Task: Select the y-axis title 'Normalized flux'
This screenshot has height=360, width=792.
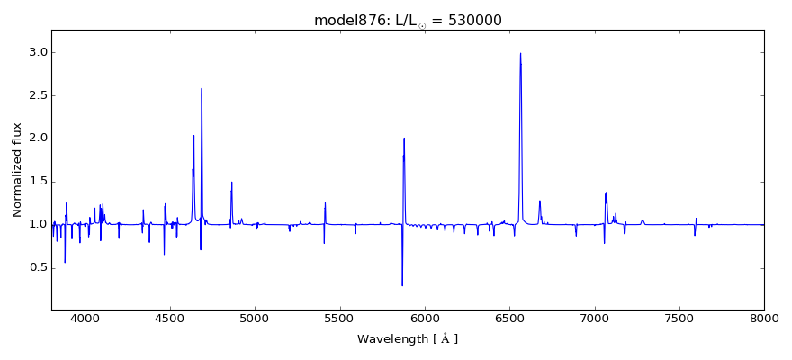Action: point(18,170)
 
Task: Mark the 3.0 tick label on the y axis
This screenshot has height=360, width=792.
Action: point(37,53)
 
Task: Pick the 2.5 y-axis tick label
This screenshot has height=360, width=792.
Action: point(37,95)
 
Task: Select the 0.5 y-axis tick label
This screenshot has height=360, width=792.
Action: point(37,267)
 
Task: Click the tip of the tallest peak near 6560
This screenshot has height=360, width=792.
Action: point(520,53)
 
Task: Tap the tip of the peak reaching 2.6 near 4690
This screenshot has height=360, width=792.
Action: point(202,88)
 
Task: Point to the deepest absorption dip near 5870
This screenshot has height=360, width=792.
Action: point(402,285)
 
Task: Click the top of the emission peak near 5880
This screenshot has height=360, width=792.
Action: point(404,139)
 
